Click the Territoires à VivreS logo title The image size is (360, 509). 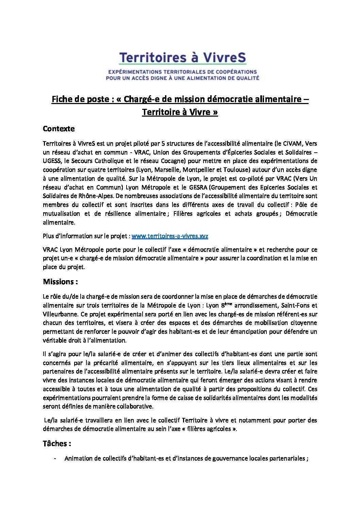182,58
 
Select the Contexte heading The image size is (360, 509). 59,129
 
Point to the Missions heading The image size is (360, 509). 60,282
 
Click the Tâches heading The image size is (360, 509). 57,444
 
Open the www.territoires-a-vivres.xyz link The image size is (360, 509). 170,236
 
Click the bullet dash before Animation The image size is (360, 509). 55,459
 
